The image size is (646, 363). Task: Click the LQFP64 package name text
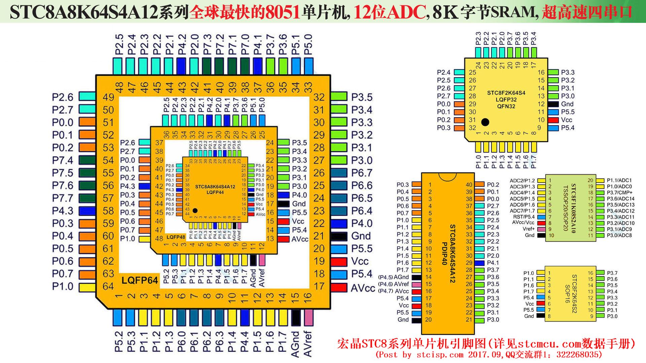(x=140, y=280)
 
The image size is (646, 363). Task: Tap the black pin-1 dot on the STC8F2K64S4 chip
(x=485, y=122)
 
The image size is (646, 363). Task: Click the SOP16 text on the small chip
(x=567, y=295)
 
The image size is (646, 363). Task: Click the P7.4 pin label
(x=62, y=160)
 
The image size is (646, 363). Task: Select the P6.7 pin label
(x=362, y=173)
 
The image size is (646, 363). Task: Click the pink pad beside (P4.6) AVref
(x=417, y=284)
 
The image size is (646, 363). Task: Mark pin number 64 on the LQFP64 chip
(x=108, y=286)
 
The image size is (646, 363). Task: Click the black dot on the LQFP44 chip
(x=195, y=210)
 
